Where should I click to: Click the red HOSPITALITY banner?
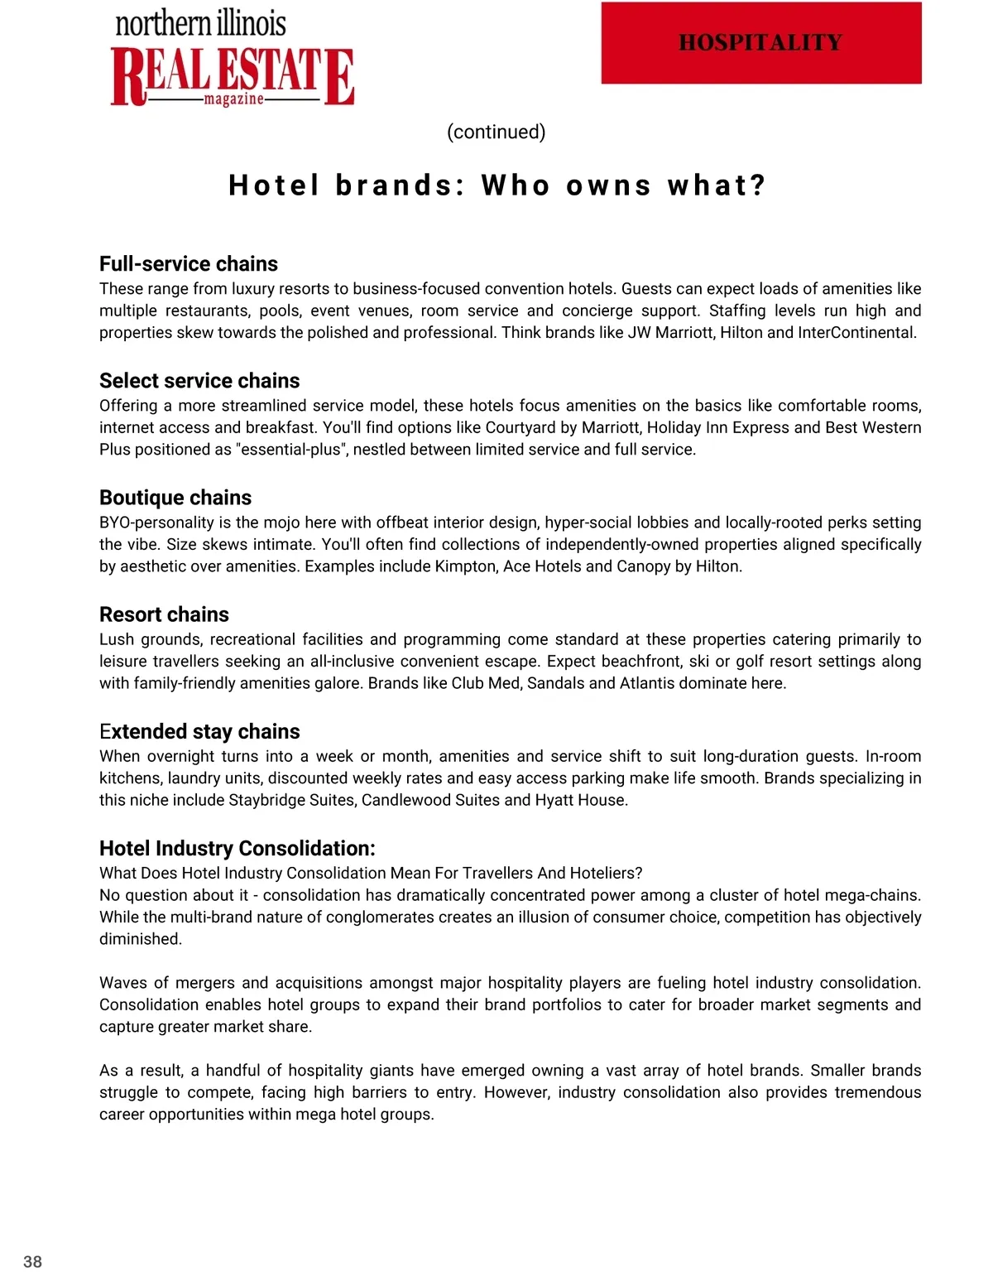(x=761, y=43)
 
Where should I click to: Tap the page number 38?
(x=32, y=1261)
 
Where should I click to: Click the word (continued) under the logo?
(x=496, y=132)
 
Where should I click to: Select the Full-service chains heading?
(x=189, y=263)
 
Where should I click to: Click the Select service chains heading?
(x=199, y=380)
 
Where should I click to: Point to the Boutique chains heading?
(x=175, y=497)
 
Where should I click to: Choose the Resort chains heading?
(x=164, y=614)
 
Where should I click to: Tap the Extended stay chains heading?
(x=199, y=731)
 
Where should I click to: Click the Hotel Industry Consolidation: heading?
(x=237, y=848)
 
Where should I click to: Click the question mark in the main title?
(x=756, y=185)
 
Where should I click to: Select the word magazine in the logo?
(x=234, y=99)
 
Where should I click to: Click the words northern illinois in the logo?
(x=201, y=23)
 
